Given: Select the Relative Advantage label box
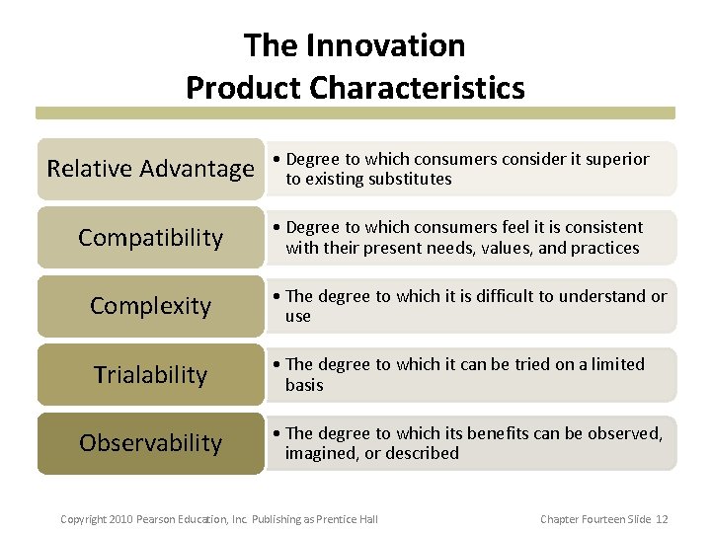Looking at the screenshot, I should pos(150,169).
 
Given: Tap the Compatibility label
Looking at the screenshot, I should pos(150,238).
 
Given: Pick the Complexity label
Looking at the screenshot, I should pos(150,306).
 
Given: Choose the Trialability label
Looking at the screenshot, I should pos(150,375).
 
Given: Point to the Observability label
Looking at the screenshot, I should pos(150,443).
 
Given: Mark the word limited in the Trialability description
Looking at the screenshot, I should pos(617,364).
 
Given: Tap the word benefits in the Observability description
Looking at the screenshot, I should pos(498,433).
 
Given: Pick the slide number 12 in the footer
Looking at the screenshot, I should pos(662,519).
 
